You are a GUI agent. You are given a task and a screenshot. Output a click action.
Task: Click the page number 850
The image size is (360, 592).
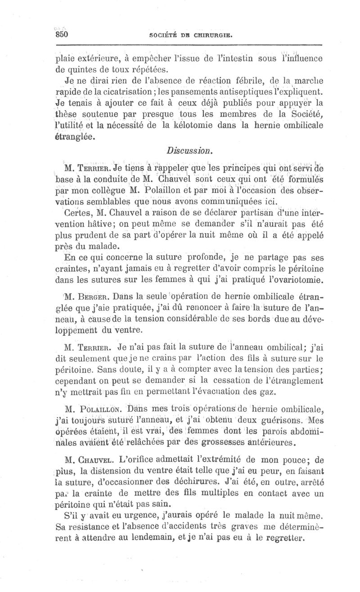click(x=61, y=35)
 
